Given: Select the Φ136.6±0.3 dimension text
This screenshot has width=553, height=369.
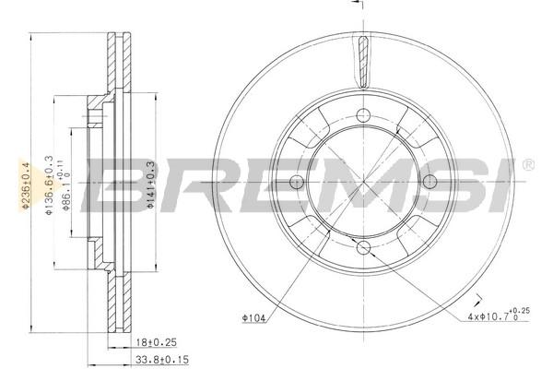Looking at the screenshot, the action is pos(49,184).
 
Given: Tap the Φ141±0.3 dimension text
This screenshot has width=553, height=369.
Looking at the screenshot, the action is pos(150,184).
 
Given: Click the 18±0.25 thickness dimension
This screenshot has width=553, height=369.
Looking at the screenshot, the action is pos(157,342).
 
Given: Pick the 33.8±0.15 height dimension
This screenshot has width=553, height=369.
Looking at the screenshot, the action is pos(162,360).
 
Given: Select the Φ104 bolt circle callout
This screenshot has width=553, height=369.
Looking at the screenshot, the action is pos(253,317).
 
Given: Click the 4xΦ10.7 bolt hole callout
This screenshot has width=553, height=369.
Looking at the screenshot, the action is pos(499,315).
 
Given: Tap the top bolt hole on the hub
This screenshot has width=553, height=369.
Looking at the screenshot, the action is pos(363,115).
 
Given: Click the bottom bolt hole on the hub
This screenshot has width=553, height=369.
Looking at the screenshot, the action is pos(363,247).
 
